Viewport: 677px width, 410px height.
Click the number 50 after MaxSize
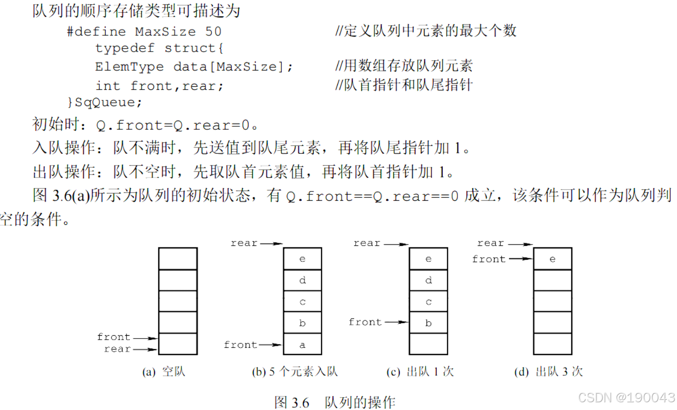point(213,32)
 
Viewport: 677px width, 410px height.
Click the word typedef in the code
point(124,48)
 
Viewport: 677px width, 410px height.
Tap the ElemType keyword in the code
point(129,67)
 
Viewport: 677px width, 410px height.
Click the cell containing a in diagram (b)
point(303,344)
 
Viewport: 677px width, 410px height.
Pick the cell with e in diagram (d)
point(553,259)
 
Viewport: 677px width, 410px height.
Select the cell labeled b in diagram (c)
point(428,323)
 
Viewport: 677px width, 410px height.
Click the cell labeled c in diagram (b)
point(303,302)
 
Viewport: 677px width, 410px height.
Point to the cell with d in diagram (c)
point(428,280)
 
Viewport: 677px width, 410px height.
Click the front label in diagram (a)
point(114,337)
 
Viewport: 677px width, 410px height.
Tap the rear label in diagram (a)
point(117,349)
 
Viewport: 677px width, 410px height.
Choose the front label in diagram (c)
point(365,322)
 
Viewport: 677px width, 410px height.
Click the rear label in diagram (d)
point(491,243)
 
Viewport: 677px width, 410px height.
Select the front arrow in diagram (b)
point(270,345)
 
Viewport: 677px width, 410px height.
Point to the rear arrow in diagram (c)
point(396,244)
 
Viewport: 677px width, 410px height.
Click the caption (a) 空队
point(164,371)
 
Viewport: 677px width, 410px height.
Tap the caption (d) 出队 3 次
point(549,371)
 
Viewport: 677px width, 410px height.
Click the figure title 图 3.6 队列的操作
point(335,402)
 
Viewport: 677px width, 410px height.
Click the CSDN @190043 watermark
point(626,397)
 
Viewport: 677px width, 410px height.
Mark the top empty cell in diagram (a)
point(178,259)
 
